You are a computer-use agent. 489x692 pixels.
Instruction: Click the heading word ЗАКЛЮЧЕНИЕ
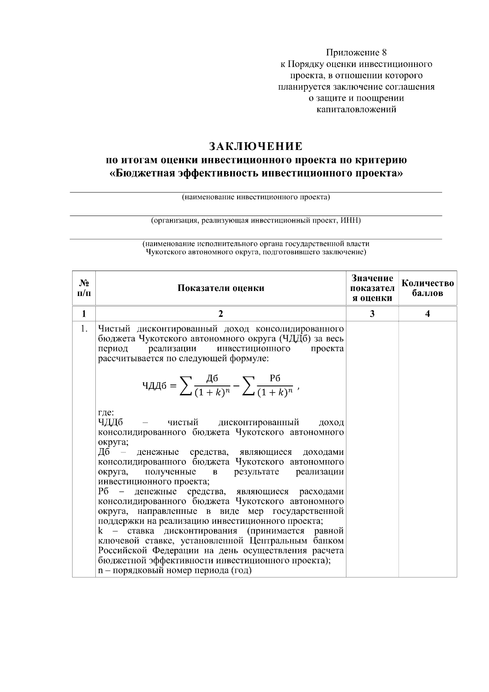(256, 146)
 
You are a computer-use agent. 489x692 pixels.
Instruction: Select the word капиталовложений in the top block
(356, 110)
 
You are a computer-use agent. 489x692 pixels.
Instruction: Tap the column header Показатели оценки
(220, 288)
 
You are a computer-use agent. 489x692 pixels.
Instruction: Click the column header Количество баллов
(427, 288)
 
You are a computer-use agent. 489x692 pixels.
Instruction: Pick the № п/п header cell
(84, 288)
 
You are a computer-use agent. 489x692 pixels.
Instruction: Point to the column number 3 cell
(372, 313)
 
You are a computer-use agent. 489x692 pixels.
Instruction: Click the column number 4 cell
(427, 313)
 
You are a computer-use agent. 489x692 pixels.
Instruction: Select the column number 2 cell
(220, 313)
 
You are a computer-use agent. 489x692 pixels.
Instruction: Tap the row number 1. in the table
(84, 329)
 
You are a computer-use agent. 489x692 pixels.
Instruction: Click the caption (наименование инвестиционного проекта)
(256, 198)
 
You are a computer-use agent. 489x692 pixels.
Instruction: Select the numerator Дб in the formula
(212, 379)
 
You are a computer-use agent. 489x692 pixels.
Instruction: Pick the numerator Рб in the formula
(275, 379)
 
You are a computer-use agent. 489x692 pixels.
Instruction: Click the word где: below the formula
(106, 412)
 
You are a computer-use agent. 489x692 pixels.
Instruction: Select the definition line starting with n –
(175, 570)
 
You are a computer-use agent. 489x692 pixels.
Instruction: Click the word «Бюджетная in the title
(140, 173)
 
